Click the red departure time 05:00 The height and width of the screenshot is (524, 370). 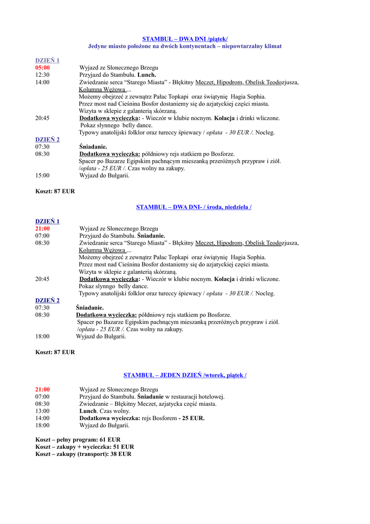(x=42, y=68)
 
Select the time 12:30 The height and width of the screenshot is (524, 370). (x=42, y=75)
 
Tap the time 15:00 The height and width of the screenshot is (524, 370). (x=42, y=176)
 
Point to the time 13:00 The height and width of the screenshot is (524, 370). (x=42, y=411)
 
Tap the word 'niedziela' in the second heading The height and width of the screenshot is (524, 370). (x=236, y=207)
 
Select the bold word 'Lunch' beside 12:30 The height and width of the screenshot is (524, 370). (x=147, y=75)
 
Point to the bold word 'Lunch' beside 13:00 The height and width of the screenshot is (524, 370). (x=87, y=411)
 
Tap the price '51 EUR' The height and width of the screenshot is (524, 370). (x=124, y=447)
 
